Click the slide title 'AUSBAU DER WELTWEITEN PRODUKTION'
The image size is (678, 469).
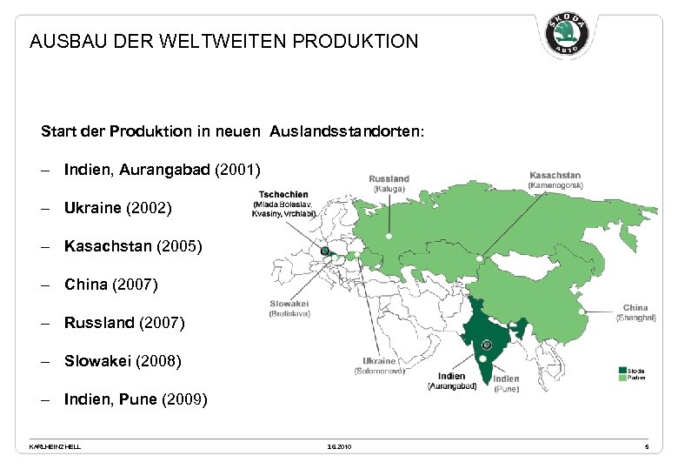pos(223,41)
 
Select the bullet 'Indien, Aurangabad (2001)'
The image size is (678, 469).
pos(162,169)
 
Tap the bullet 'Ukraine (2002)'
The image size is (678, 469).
pos(117,208)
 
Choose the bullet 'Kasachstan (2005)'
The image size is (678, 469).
pos(132,246)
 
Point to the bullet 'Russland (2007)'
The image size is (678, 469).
pos(124,323)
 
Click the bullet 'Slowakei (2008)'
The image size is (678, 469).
pos(123,360)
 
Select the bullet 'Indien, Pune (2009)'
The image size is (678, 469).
pos(135,399)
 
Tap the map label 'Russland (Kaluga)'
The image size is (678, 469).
pos(389,184)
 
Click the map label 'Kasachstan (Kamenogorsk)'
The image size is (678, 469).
pos(555,180)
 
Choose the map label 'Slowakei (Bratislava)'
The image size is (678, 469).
pos(289,308)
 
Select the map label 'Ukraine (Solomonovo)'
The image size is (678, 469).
pos(379,365)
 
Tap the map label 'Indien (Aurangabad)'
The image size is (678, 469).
pos(452,381)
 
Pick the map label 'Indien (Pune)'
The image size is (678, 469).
pos(506,384)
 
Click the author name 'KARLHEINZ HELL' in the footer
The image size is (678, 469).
pos(55,446)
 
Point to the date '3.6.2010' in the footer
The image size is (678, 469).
pos(339,446)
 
